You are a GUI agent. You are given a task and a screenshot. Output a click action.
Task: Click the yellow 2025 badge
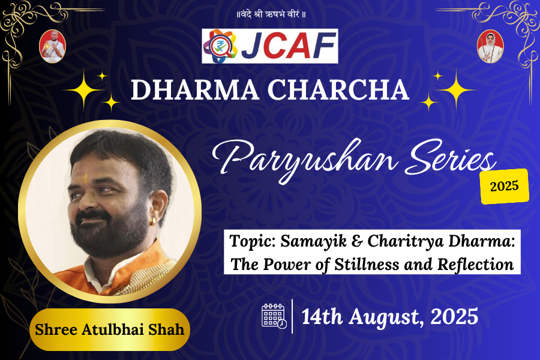pyautogui.click(x=505, y=186)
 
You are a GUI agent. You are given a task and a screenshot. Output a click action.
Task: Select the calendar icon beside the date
pyautogui.click(x=274, y=316)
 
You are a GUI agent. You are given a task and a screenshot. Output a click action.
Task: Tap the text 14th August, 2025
pyautogui.click(x=390, y=316)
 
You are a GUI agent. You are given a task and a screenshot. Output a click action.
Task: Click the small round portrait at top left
pyautogui.click(x=52, y=46)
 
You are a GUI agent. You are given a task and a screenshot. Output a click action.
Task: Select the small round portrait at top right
pyautogui.click(x=490, y=46)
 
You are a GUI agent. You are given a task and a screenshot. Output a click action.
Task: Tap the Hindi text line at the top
pyautogui.click(x=269, y=14)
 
